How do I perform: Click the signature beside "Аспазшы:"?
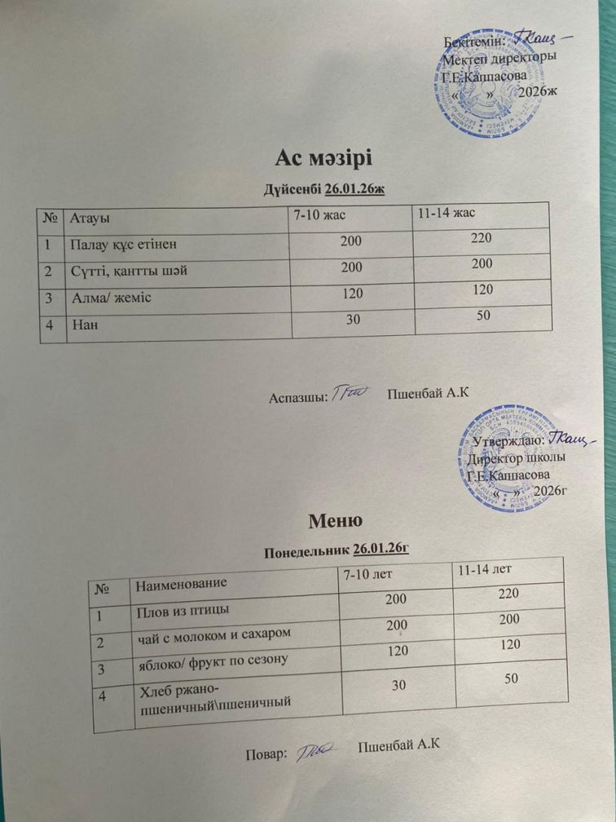coord(353,394)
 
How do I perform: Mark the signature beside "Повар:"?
coord(319,751)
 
